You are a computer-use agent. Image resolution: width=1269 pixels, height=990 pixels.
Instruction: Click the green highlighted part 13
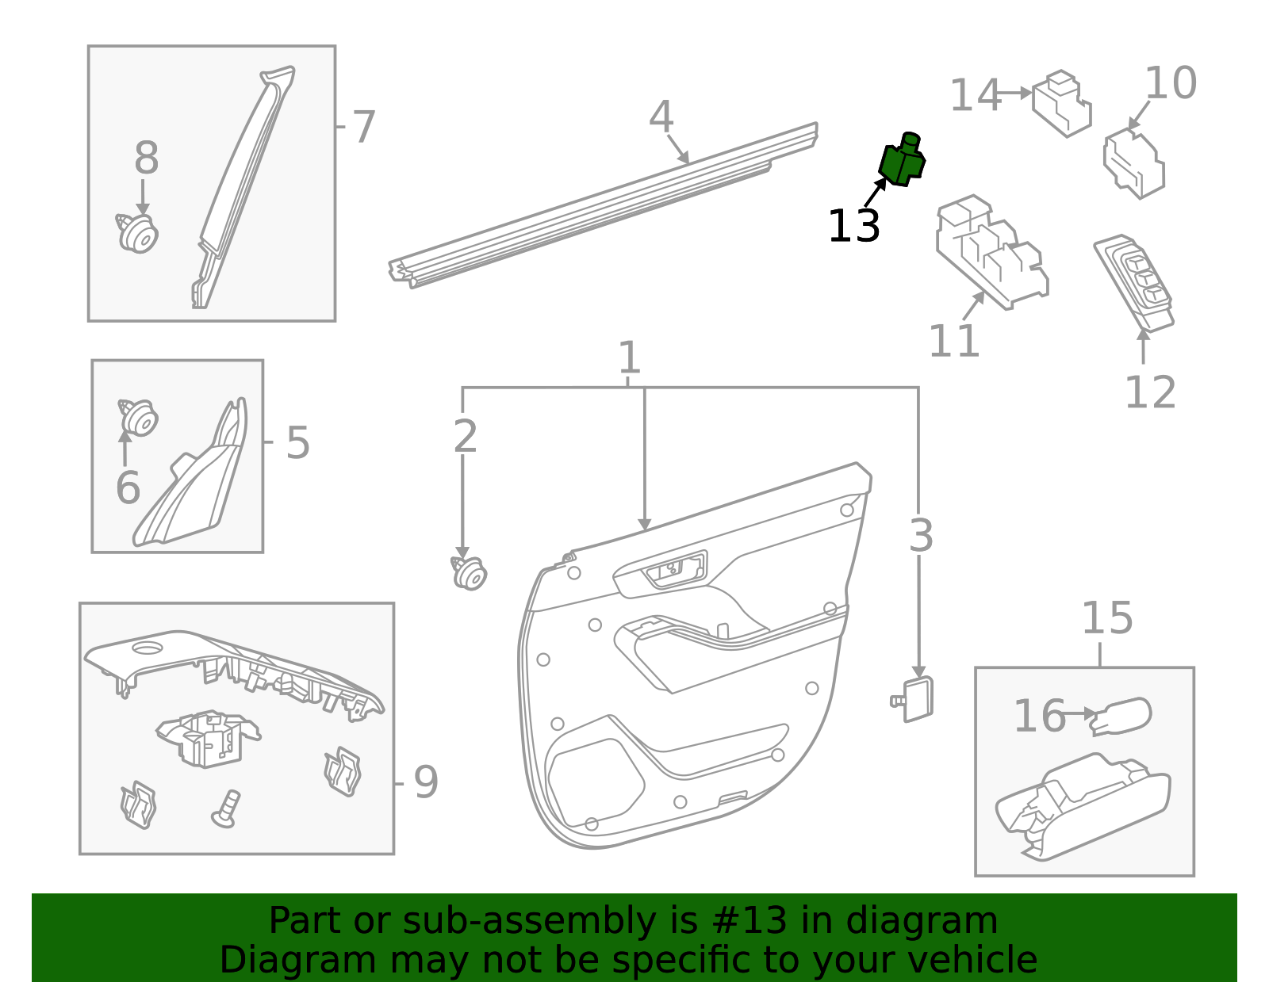[x=902, y=161]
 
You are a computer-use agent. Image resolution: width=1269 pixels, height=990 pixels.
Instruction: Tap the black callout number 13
[x=853, y=227]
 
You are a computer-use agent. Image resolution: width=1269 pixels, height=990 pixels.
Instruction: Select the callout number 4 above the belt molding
[x=661, y=117]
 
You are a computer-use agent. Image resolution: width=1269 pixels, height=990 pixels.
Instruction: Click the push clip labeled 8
[x=139, y=234]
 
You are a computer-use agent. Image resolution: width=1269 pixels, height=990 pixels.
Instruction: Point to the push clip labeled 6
[x=139, y=417]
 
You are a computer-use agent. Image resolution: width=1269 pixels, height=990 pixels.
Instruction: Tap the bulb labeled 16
[x=1122, y=716]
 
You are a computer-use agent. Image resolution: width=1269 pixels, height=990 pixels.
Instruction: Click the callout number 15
[x=1107, y=618]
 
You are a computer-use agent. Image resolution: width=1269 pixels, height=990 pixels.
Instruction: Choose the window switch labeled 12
[x=1134, y=281]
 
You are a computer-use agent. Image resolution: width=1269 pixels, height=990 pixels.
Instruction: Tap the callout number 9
[x=425, y=783]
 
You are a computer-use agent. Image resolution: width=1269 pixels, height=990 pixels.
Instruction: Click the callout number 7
[x=362, y=127]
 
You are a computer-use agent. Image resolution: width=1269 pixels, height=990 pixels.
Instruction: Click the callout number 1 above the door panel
[x=629, y=357]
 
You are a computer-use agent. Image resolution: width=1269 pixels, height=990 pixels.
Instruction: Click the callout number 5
[x=297, y=442]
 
